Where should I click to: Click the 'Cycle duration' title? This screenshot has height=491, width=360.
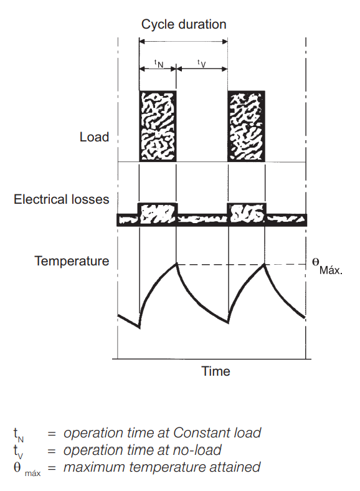(x=184, y=24)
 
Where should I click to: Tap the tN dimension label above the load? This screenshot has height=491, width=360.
(x=159, y=64)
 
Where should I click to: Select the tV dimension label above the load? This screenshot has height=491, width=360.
(x=202, y=64)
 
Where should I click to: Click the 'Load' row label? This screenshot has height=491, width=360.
(x=94, y=137)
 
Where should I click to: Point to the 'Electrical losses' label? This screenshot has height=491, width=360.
(x=62, y=199)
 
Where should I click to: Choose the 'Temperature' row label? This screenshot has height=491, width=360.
(x=72, y=261)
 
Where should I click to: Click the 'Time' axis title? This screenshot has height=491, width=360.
(x=216, y=371)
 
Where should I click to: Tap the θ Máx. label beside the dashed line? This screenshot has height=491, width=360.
(x=328, y=266)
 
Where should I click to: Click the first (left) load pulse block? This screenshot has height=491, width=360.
(x=158, y=126)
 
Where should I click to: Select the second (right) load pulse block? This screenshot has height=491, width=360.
(x=247, y=126)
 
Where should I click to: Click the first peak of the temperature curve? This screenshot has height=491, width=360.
(x=176, y=264)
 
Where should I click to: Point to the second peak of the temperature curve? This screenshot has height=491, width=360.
(x=265, y=264)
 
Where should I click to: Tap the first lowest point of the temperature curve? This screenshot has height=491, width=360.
(x=140, y=328)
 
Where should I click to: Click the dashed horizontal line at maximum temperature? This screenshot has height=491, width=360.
(x=242, y=265)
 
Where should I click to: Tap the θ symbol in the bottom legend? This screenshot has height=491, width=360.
(x=17, y=467)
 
